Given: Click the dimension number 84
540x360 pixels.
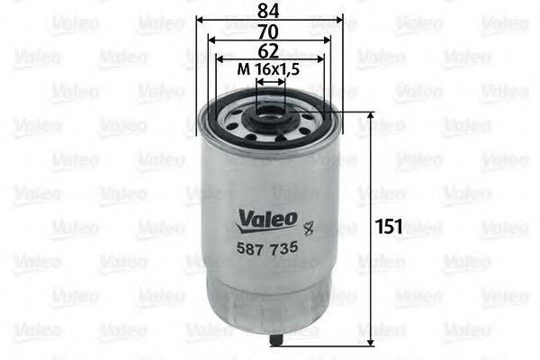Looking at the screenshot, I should pos(266,11).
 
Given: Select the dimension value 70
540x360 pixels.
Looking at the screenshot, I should pos(266,30).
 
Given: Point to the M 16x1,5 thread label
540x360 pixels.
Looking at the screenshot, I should pos(267,68).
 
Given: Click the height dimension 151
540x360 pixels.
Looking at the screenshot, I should pos(388,227).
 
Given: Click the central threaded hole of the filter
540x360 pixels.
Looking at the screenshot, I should pos(270,113).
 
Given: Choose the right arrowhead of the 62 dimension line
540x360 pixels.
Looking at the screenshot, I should pos(321,59).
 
